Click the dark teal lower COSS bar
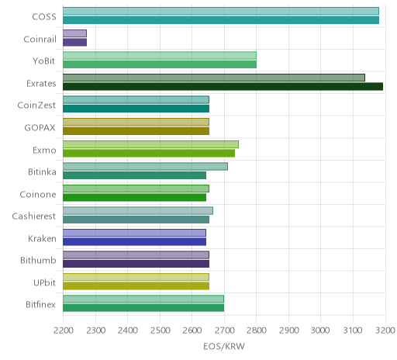[221, 20]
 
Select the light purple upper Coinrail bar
[74, 33]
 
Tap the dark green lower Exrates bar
[223, 87]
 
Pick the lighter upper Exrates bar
[214, 78]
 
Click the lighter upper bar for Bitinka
[145, 166]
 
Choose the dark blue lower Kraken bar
[134, 242]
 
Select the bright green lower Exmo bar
[149, 154]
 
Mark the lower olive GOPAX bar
[136, 131]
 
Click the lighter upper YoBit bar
[160, 56]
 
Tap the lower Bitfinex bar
[143, 308]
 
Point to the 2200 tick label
[64, 331]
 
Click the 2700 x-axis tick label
[224, 331]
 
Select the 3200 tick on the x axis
[385, 331]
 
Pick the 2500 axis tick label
[160, 331]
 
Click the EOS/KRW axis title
[224, 347]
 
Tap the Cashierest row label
[34, 216]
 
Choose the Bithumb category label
[38, 260]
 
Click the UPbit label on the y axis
[44, 282]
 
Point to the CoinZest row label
[36, 106]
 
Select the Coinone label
[38, 194]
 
